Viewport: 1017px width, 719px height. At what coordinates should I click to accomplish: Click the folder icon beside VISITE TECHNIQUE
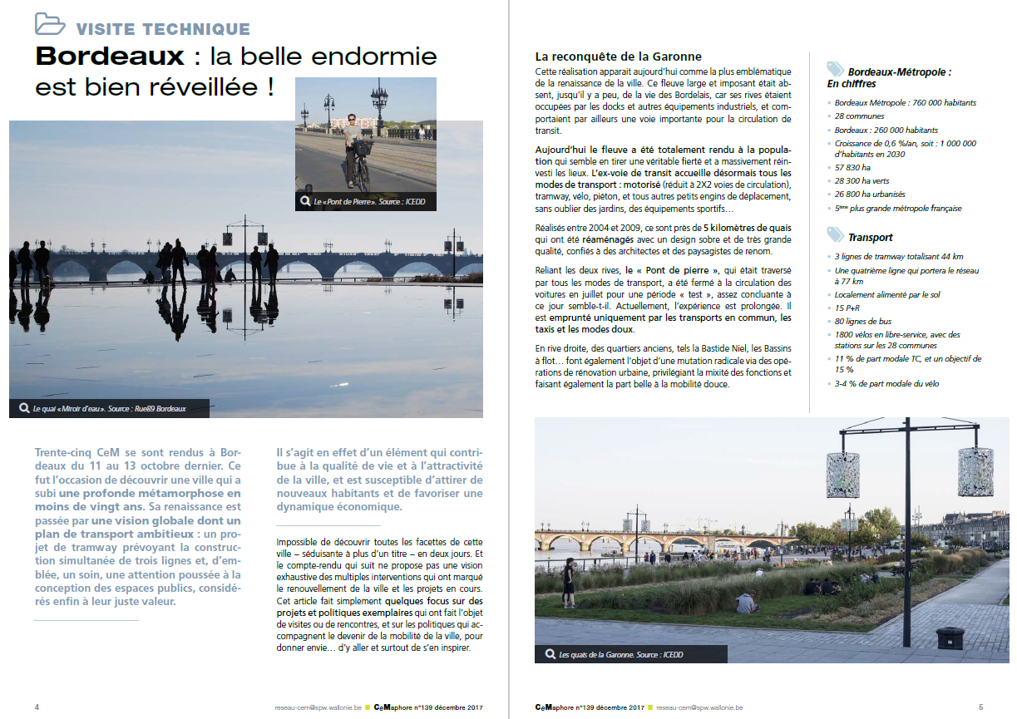(50, 24)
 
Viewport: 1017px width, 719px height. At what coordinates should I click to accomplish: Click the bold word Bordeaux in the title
(110, 57)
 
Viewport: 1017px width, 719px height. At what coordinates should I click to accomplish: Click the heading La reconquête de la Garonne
(618, 57)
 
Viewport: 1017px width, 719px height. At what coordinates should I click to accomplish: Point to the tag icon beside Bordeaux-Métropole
(834, 70)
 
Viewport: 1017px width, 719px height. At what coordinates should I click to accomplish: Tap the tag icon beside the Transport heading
(834, 235)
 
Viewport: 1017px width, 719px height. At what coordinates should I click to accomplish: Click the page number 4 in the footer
(37, 707)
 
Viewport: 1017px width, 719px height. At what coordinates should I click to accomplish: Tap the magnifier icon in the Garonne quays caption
(549, 654)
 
